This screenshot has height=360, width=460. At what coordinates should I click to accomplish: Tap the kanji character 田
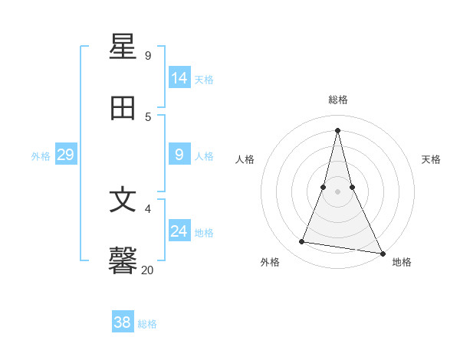(123, 109)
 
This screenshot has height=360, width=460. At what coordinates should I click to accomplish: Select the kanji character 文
(123, 200)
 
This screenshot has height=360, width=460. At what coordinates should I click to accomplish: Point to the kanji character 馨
(123, 261)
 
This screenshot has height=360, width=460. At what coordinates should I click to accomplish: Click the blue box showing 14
(179, 77)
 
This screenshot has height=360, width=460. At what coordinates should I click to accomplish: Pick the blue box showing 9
(179, 155)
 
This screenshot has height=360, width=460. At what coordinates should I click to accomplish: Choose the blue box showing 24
(179, 231)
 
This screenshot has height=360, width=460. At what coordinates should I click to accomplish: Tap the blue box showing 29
(65, 155)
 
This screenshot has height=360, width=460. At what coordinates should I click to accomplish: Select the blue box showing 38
(122, 322)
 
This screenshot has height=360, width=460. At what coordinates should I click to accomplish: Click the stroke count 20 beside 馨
(147, 270)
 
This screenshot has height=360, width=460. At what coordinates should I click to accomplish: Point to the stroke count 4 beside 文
(148, 208)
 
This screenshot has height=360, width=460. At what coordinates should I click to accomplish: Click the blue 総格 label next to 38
(147, 324)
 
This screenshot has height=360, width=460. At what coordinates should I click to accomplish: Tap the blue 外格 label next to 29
(41, 156)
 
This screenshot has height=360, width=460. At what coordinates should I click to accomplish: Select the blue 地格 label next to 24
(204, 233)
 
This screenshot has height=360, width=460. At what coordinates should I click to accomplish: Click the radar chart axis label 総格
(338, 100)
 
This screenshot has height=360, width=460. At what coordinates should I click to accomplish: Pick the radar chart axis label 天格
(431, 159)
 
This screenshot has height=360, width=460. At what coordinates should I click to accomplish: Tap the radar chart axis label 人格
(245, 159)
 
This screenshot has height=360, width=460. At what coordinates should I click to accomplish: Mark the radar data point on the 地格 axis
(382, 253)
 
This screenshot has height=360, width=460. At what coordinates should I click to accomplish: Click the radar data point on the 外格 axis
(301, 242)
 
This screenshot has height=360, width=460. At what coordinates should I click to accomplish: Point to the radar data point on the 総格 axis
(337, 129)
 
